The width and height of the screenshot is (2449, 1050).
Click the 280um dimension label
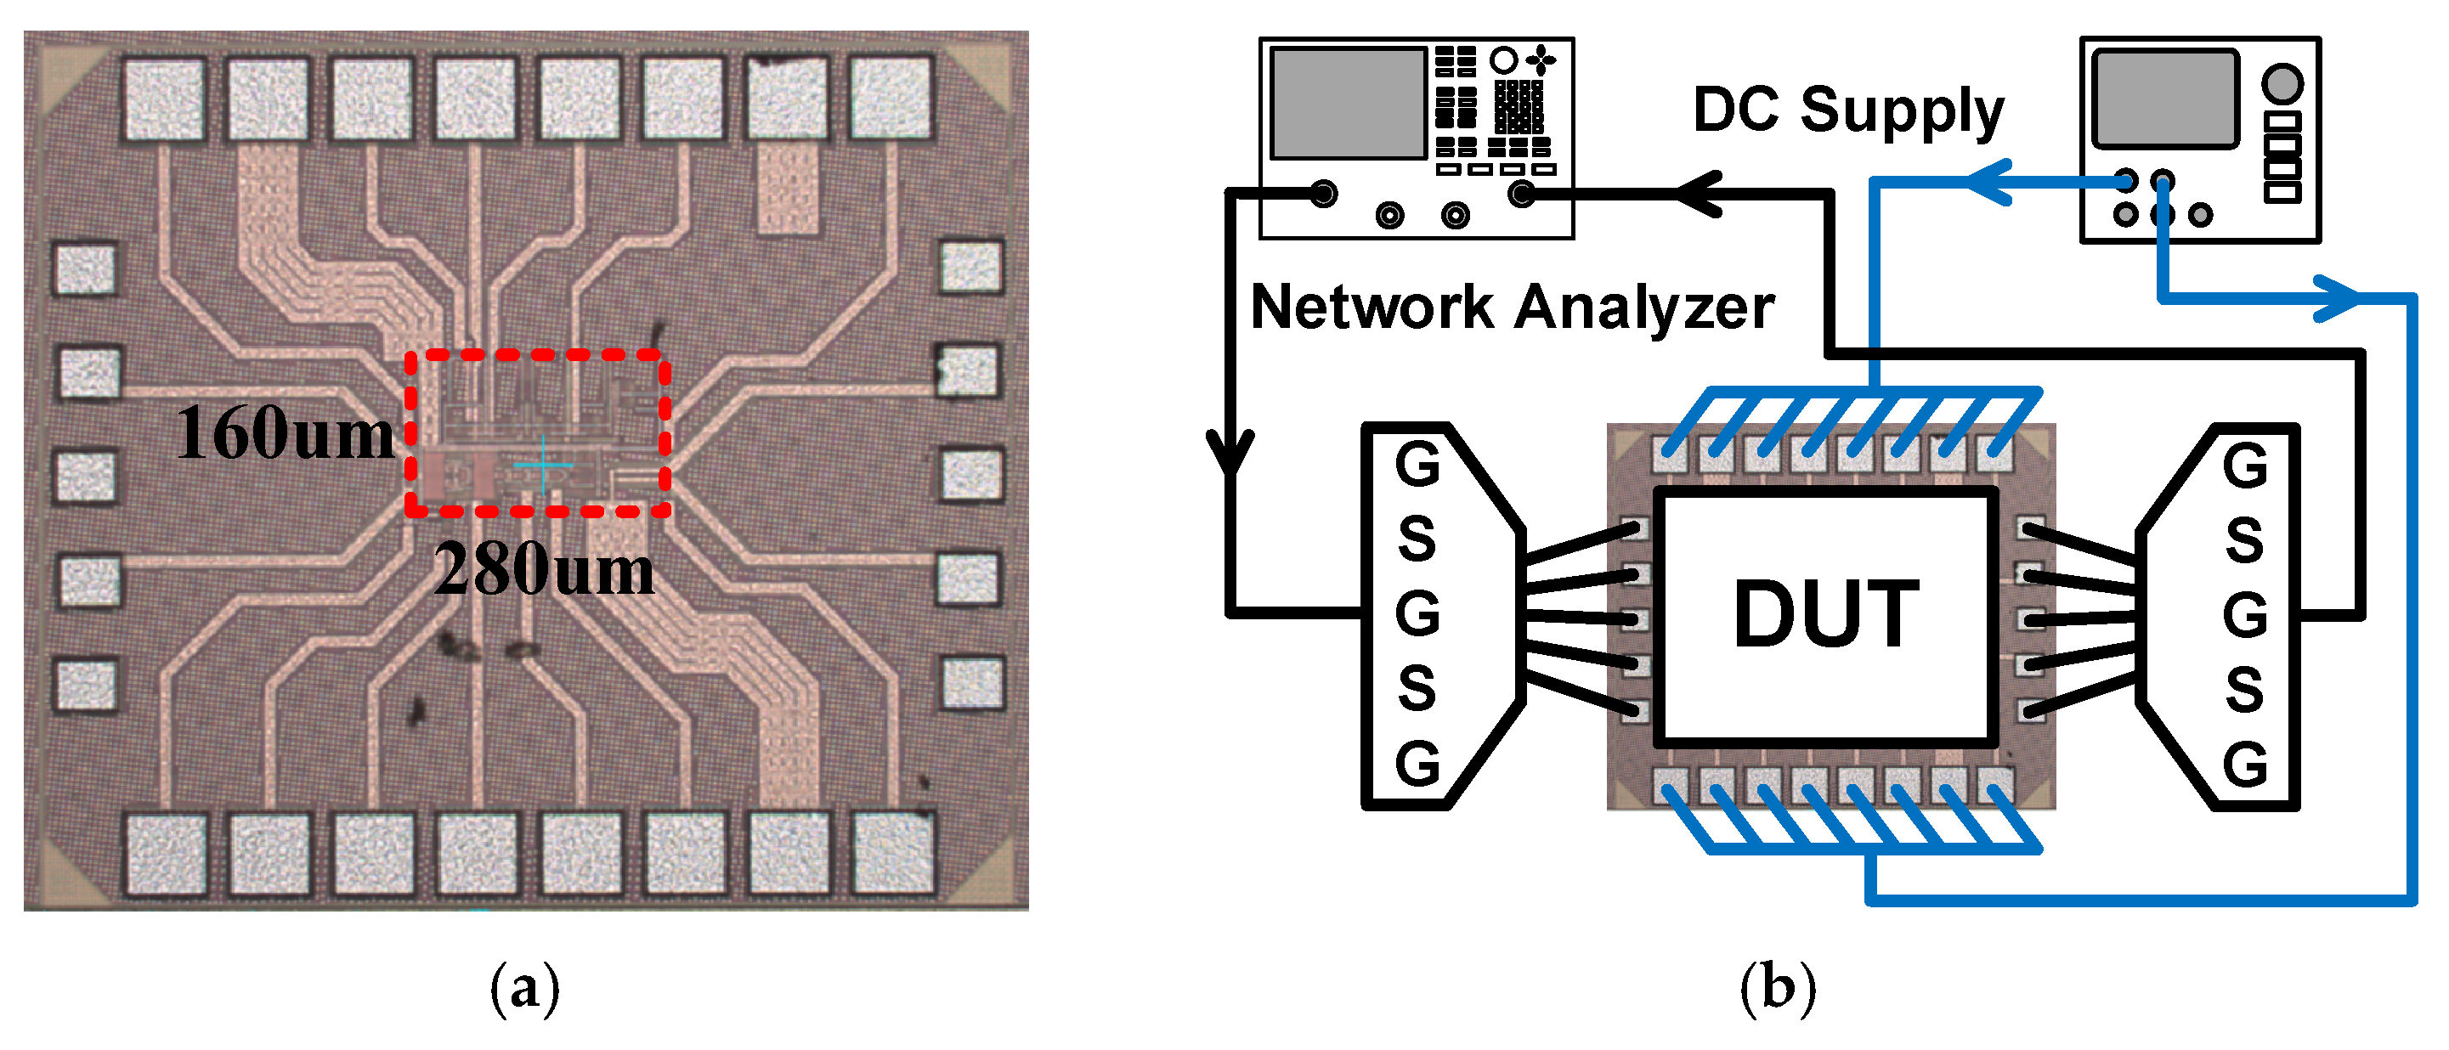click(544, 569)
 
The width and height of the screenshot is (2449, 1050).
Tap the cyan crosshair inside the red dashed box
click(543, 465)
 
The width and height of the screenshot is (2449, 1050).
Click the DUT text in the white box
click(1825, 615)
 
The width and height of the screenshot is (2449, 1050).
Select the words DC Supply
click(1848, 110)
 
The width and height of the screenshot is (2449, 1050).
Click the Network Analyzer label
click(1512, 307)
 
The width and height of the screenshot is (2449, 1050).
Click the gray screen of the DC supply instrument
click(2163, 99)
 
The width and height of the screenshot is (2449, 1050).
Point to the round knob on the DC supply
click(2282, 83)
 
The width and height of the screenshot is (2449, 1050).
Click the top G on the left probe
click(1417, 465)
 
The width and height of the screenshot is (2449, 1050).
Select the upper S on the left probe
click(1417, 539)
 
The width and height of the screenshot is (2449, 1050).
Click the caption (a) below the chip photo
click(525, 988)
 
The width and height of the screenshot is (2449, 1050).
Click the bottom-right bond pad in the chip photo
click(891, 852)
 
